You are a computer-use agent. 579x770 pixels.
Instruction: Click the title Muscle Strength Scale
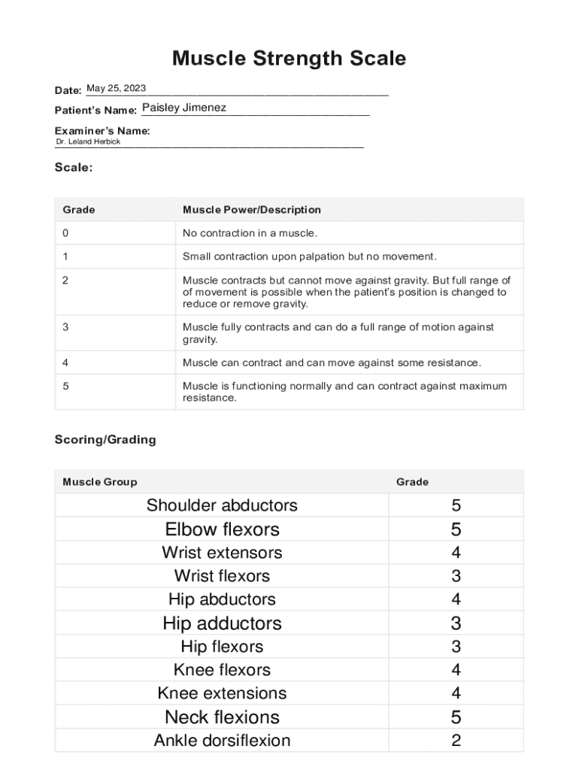click(289, 58)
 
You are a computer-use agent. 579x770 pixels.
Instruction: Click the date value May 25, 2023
click(117, 89)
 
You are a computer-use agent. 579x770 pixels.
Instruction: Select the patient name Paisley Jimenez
click(184, 108)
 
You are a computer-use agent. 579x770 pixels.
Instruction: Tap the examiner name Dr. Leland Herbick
click(88, 141)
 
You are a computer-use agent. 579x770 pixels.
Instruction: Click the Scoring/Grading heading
click(105, 440)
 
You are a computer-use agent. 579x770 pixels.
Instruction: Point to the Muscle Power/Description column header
click(252, 210)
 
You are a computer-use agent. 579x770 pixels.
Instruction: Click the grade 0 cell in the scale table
click(65, 233)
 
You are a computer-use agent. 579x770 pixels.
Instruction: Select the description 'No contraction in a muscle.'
click(250, 233)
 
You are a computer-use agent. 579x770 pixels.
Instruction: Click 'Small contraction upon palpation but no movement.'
click(309, 256)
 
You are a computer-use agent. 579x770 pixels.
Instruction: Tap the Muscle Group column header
click(100, 482)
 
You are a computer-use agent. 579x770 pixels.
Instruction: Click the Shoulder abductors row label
click(222, 505)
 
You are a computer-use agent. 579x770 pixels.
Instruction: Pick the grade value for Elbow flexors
click(456, 529)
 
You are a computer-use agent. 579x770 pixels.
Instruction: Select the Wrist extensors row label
click(222, 553)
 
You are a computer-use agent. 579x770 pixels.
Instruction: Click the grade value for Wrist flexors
click(456, 576)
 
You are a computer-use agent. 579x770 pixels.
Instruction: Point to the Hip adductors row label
click(222, 623)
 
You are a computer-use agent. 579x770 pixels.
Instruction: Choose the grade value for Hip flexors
click(456, 647)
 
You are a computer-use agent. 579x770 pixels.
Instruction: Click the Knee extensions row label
click(222, 693)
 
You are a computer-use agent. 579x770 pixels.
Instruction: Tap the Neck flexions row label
click(222, 717)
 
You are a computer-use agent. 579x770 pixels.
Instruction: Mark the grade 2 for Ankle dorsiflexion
click(456, 741)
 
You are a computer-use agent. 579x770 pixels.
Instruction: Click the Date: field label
click(68, 91)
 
